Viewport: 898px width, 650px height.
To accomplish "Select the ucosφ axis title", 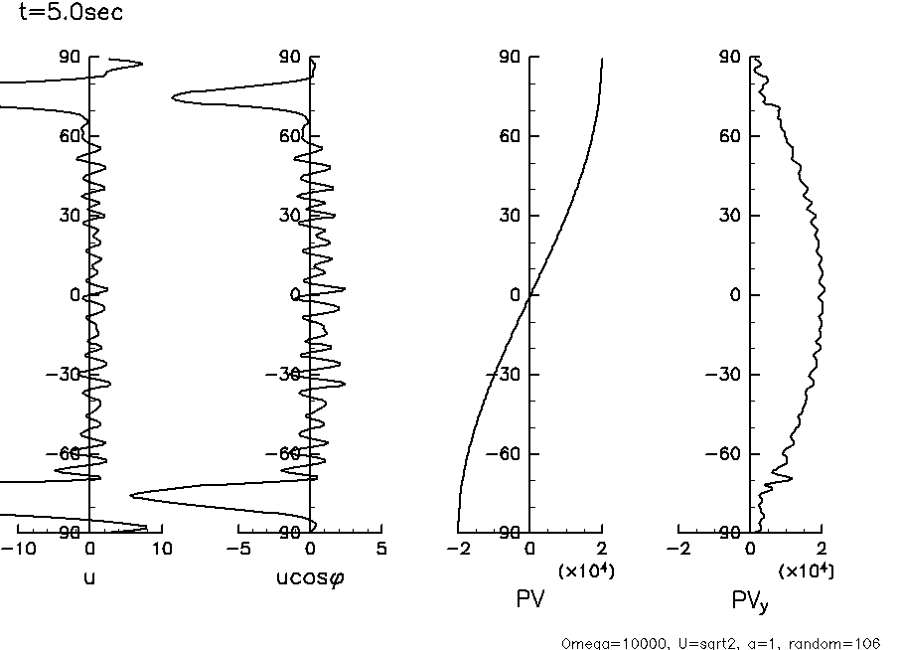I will click(311, 577).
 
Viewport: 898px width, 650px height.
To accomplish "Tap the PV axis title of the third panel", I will click(530, 599).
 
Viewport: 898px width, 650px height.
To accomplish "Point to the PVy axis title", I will click(749, 601).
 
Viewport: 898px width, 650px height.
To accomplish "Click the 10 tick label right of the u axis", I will click(162, 549).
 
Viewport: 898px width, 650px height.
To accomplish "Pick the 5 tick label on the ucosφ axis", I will click(381, 549).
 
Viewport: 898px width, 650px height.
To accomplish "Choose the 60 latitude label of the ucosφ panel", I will click(289, 136).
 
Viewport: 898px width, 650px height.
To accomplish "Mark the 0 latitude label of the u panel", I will click(74, 295).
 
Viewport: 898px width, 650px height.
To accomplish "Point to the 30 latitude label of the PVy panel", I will click(729, 216).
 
